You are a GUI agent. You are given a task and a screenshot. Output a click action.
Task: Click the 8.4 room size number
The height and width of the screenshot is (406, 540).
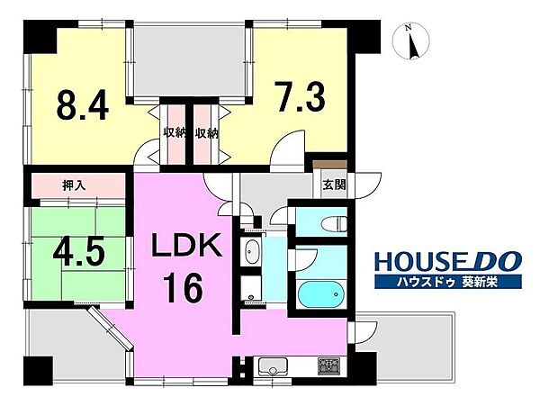(x=83, y=104)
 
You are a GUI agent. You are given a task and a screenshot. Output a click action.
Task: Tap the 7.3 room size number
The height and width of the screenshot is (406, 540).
(x=300, y=96)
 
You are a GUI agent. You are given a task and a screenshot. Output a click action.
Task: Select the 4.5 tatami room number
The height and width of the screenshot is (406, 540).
(x=78, y=253)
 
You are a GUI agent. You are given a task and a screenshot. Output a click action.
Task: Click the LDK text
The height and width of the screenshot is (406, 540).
(x=187, y=245)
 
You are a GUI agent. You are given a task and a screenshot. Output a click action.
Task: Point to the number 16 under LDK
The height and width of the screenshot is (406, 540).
(x=182, y=287)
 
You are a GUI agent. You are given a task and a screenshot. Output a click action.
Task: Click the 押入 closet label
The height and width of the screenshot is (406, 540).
(x=74, y=186)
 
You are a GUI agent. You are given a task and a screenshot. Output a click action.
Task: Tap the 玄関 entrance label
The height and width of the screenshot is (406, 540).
(x=334, y=185)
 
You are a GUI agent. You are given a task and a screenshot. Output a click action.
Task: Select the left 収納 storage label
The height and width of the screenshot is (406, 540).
(x=175, y=133)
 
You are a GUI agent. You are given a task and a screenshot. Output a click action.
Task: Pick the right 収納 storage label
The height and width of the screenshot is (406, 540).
(x=207, y=133)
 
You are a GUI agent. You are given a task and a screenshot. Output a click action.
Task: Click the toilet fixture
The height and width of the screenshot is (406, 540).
(x=334, y=223)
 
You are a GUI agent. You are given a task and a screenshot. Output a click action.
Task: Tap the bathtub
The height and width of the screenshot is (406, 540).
(x=321, y=294)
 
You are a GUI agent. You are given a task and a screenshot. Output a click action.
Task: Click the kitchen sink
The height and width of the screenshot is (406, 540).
(x=273, y=366)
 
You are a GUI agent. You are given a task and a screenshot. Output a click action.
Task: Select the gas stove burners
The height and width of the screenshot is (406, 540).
(x=328, y=366)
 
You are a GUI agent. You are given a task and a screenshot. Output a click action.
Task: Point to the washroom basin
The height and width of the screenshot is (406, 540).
(x=252, y=252)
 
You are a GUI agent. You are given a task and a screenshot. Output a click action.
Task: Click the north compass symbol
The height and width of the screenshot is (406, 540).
(x=412, y=41)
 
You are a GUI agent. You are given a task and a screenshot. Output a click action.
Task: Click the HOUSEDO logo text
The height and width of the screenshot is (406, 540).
(x=448, y=261)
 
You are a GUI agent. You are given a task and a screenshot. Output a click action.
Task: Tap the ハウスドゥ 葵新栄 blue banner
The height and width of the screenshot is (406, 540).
(x=448, y=283)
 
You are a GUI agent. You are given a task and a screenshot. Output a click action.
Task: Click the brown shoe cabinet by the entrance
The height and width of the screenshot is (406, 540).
(x=329, y=164)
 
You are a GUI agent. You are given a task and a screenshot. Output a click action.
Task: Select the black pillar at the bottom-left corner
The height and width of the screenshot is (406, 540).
(x=38, y=371)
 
